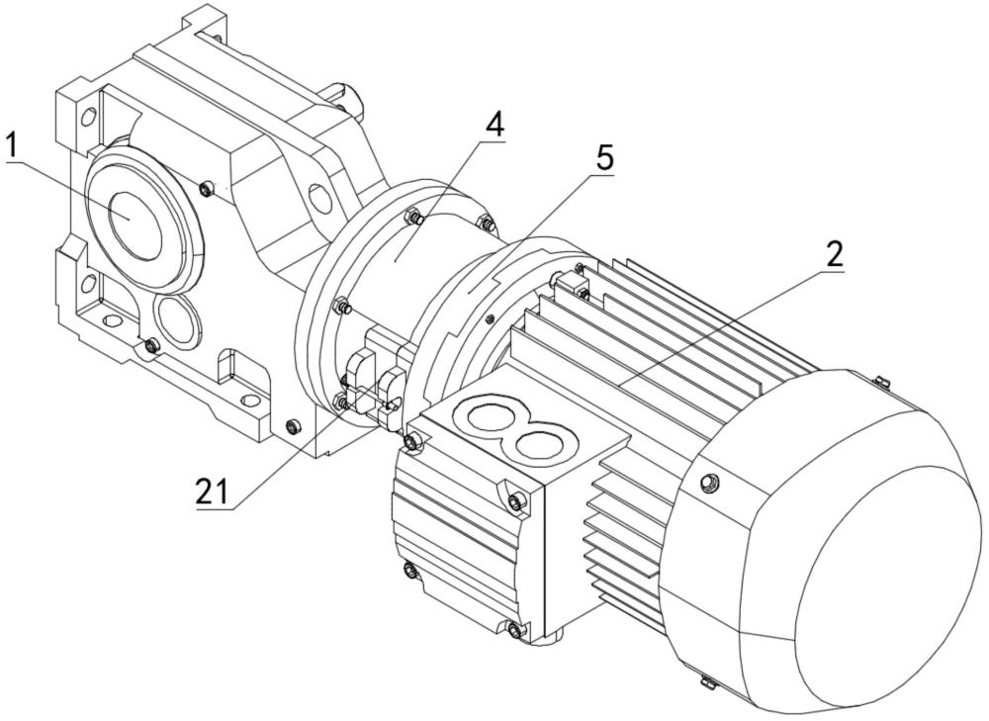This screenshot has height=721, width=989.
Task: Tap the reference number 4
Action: pyautogui.click(x=494, y=126)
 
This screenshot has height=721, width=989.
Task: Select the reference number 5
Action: pyautogui.click(x=603, y=157)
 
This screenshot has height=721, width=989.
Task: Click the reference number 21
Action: pyautogui.click(x=214, y=492)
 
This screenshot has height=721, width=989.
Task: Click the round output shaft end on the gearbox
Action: pyautogui.click(x=135, y=224)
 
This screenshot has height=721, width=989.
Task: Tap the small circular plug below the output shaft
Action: pyautogui.click(x=177, y=319)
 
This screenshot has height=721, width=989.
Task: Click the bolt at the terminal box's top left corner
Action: pyautogui.click(x=413, y=441)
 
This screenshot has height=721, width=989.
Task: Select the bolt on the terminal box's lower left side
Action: pyautogui.click(x=410, y=571)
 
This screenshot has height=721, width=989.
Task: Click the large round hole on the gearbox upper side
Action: pyautogui.click(x=318, y=198)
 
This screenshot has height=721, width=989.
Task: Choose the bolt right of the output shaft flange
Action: pyautogui.click(x=205, y=188)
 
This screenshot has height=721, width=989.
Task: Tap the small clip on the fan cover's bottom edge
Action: pyautogui.click(x=707, y=680)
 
